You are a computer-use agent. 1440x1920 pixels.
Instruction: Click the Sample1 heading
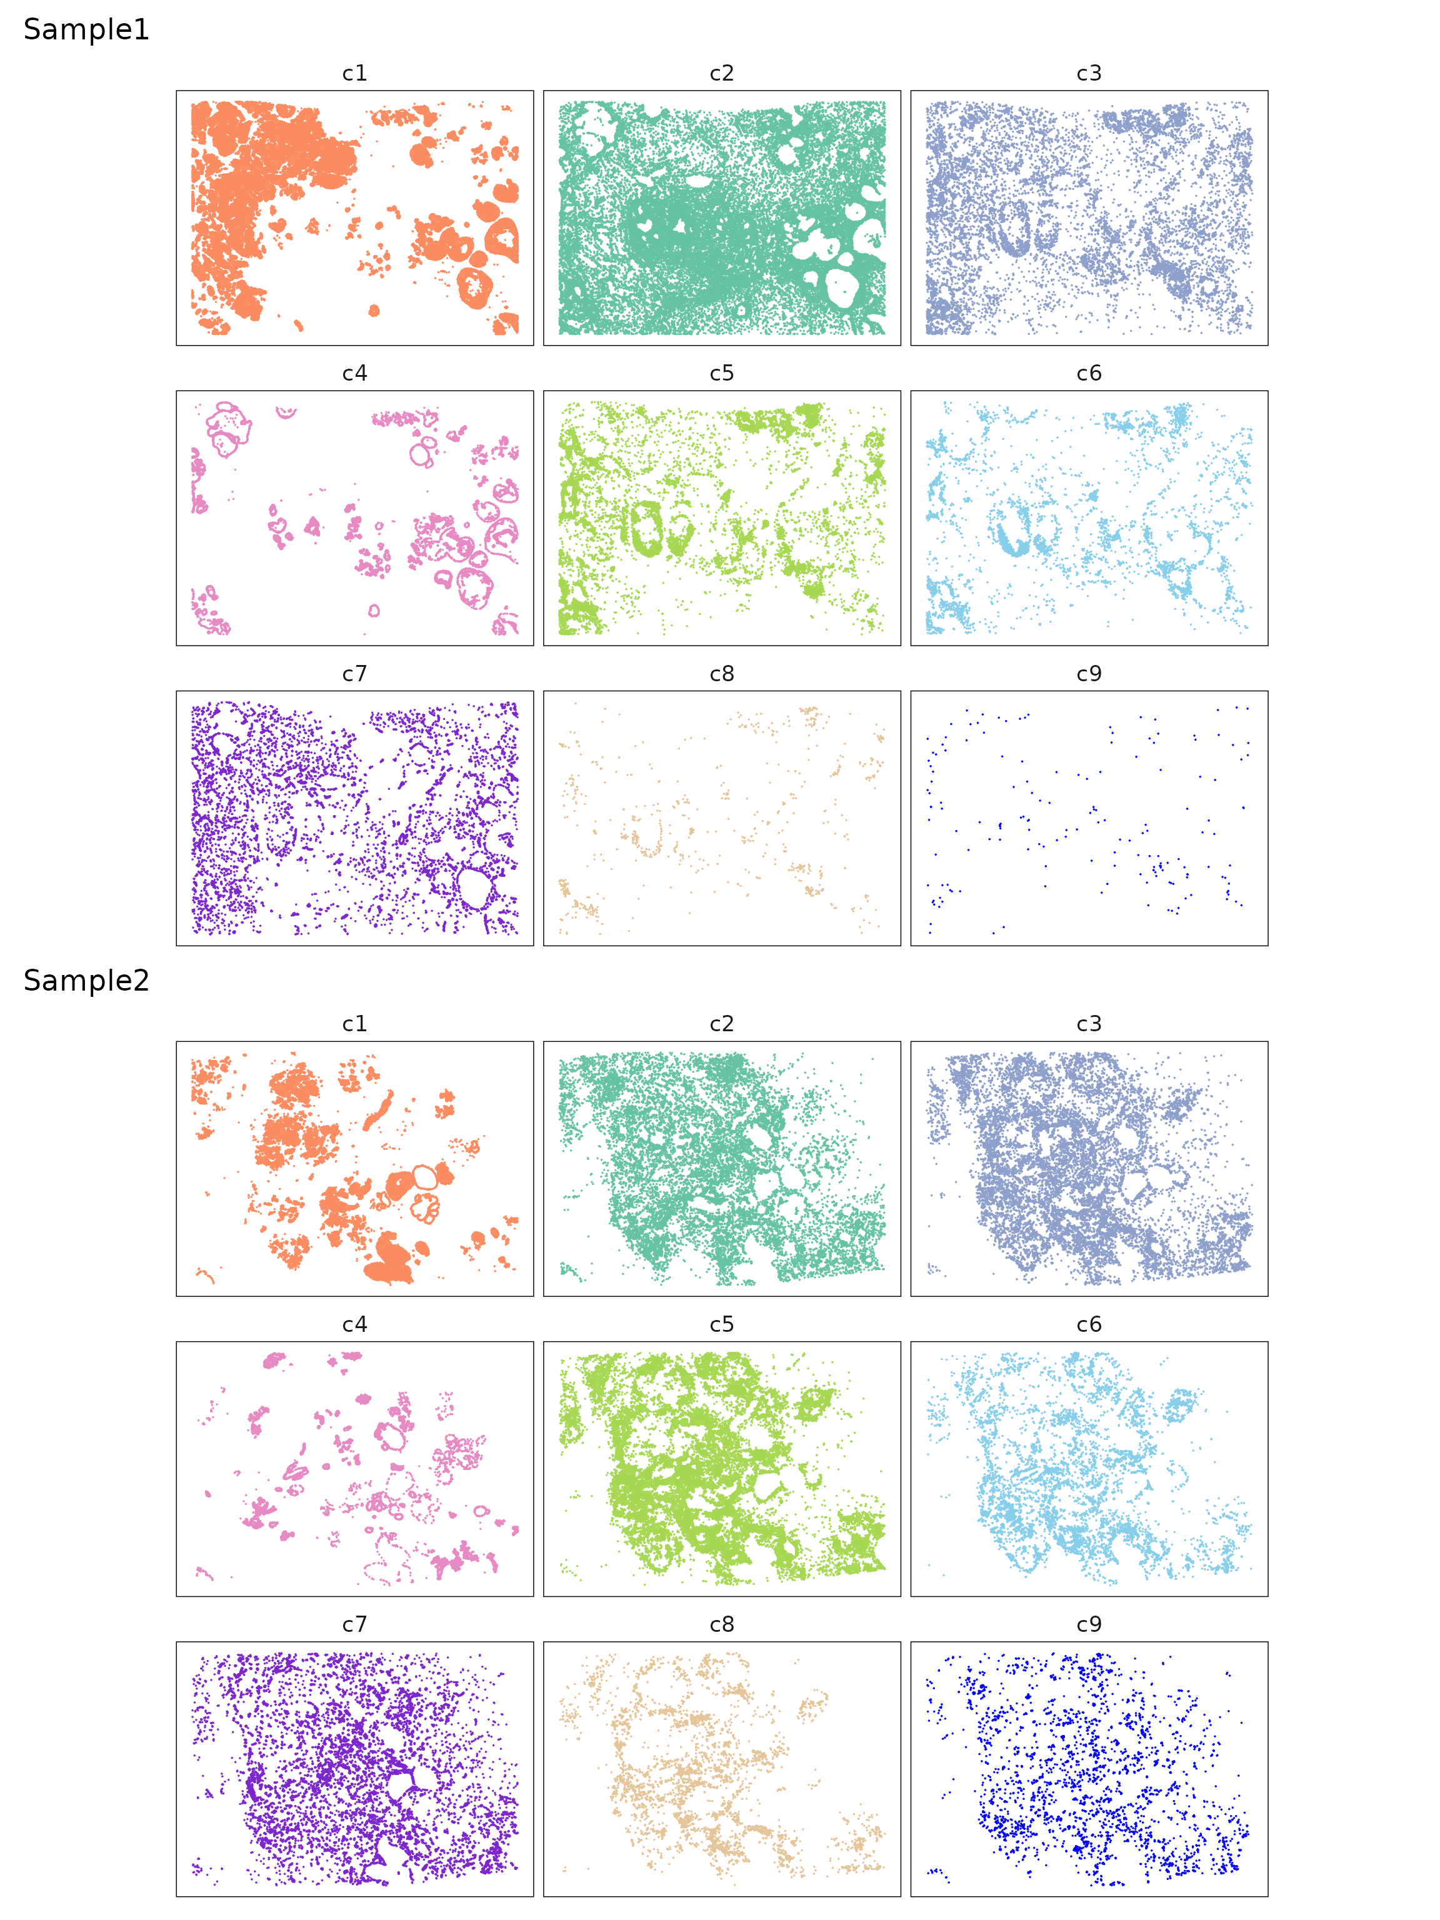pyautogui.click(x=86, y=29)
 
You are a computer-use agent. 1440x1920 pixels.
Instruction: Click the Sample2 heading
pyautogui.click(x=86, y=980)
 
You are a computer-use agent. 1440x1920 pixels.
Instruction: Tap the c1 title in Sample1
pyautogui.click(x=354, y=74)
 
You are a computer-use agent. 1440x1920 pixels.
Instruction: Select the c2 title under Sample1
pyautogui.click(x=721, y=74)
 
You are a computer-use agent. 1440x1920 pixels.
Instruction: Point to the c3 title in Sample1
pyautogui.click(x=1089, y=74)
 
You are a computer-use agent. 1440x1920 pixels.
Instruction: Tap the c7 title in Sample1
pyautogui.click(x=354, y=674)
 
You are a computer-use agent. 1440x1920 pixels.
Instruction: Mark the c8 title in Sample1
pyautogui.click(x=721, y=674)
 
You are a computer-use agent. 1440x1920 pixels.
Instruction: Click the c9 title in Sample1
pyautogui.click(x=1089, y=674)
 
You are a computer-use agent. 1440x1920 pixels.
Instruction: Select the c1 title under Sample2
pyautogui.click(x=354, y=1024)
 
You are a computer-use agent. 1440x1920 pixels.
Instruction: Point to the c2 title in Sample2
pyautogui.click(x=721, y=1024)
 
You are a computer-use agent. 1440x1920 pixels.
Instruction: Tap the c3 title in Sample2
pyautogui.click(x=1089, y=1024)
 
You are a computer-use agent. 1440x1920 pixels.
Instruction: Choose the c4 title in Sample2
pyautogui.click(x=354, y=1324)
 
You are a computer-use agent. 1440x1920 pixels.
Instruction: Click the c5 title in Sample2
pyautogui.click(x=721, y=1324)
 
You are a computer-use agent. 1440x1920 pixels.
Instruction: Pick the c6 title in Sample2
pyautogui.click(x=1089, y=1324)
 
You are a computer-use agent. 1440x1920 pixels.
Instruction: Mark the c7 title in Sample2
pyautogui.click(x=354, y=1625)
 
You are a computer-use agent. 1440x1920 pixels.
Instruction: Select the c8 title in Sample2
pyautogui.click(x=721, y=1625)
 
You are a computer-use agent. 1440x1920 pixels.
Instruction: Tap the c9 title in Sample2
pyautogui.click(x=1089, y=1625)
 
